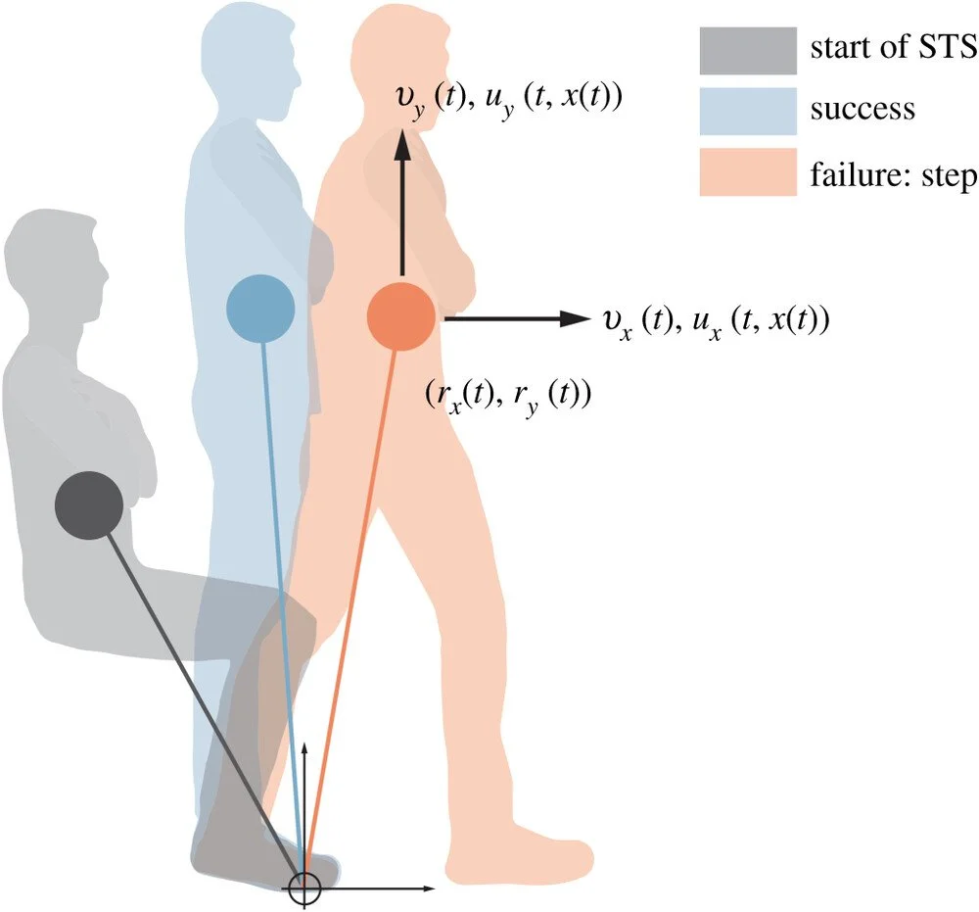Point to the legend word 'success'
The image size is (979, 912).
click(862, 110)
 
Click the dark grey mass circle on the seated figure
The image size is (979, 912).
click(88, 504)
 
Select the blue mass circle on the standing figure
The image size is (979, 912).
click(260, 309)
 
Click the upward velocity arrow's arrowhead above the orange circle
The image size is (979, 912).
click(400, 145)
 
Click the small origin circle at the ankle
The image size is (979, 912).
click(306, 888)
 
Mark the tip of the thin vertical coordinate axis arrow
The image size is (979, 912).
click(306, 744)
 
